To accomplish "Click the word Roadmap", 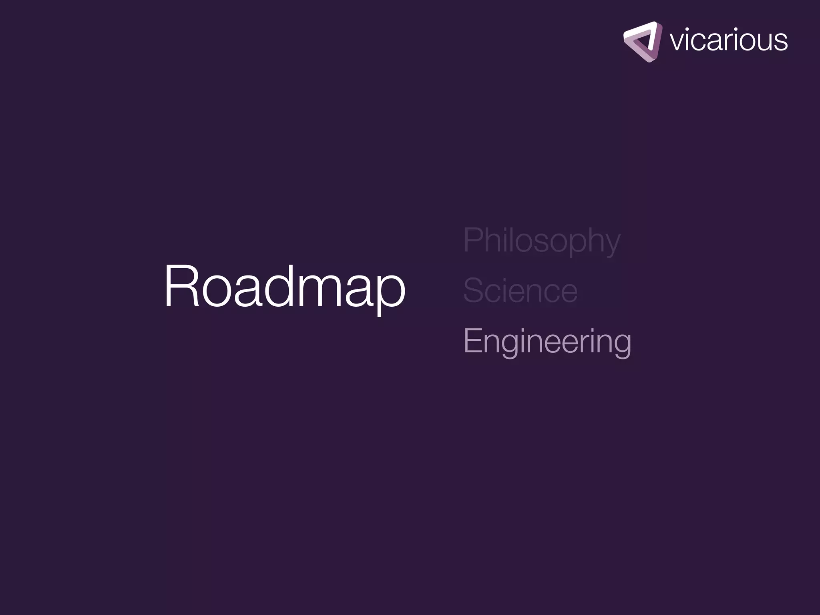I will coord(285,286).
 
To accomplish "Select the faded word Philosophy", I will coord(541,240).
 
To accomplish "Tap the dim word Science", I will coord(520,291).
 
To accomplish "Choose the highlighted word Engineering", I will coord(547,341).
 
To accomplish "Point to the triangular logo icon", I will coord(642,42).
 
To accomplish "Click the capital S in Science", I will coord(473,290).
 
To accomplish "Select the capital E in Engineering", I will coord(472,341).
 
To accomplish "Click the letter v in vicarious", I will coord(677,42).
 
